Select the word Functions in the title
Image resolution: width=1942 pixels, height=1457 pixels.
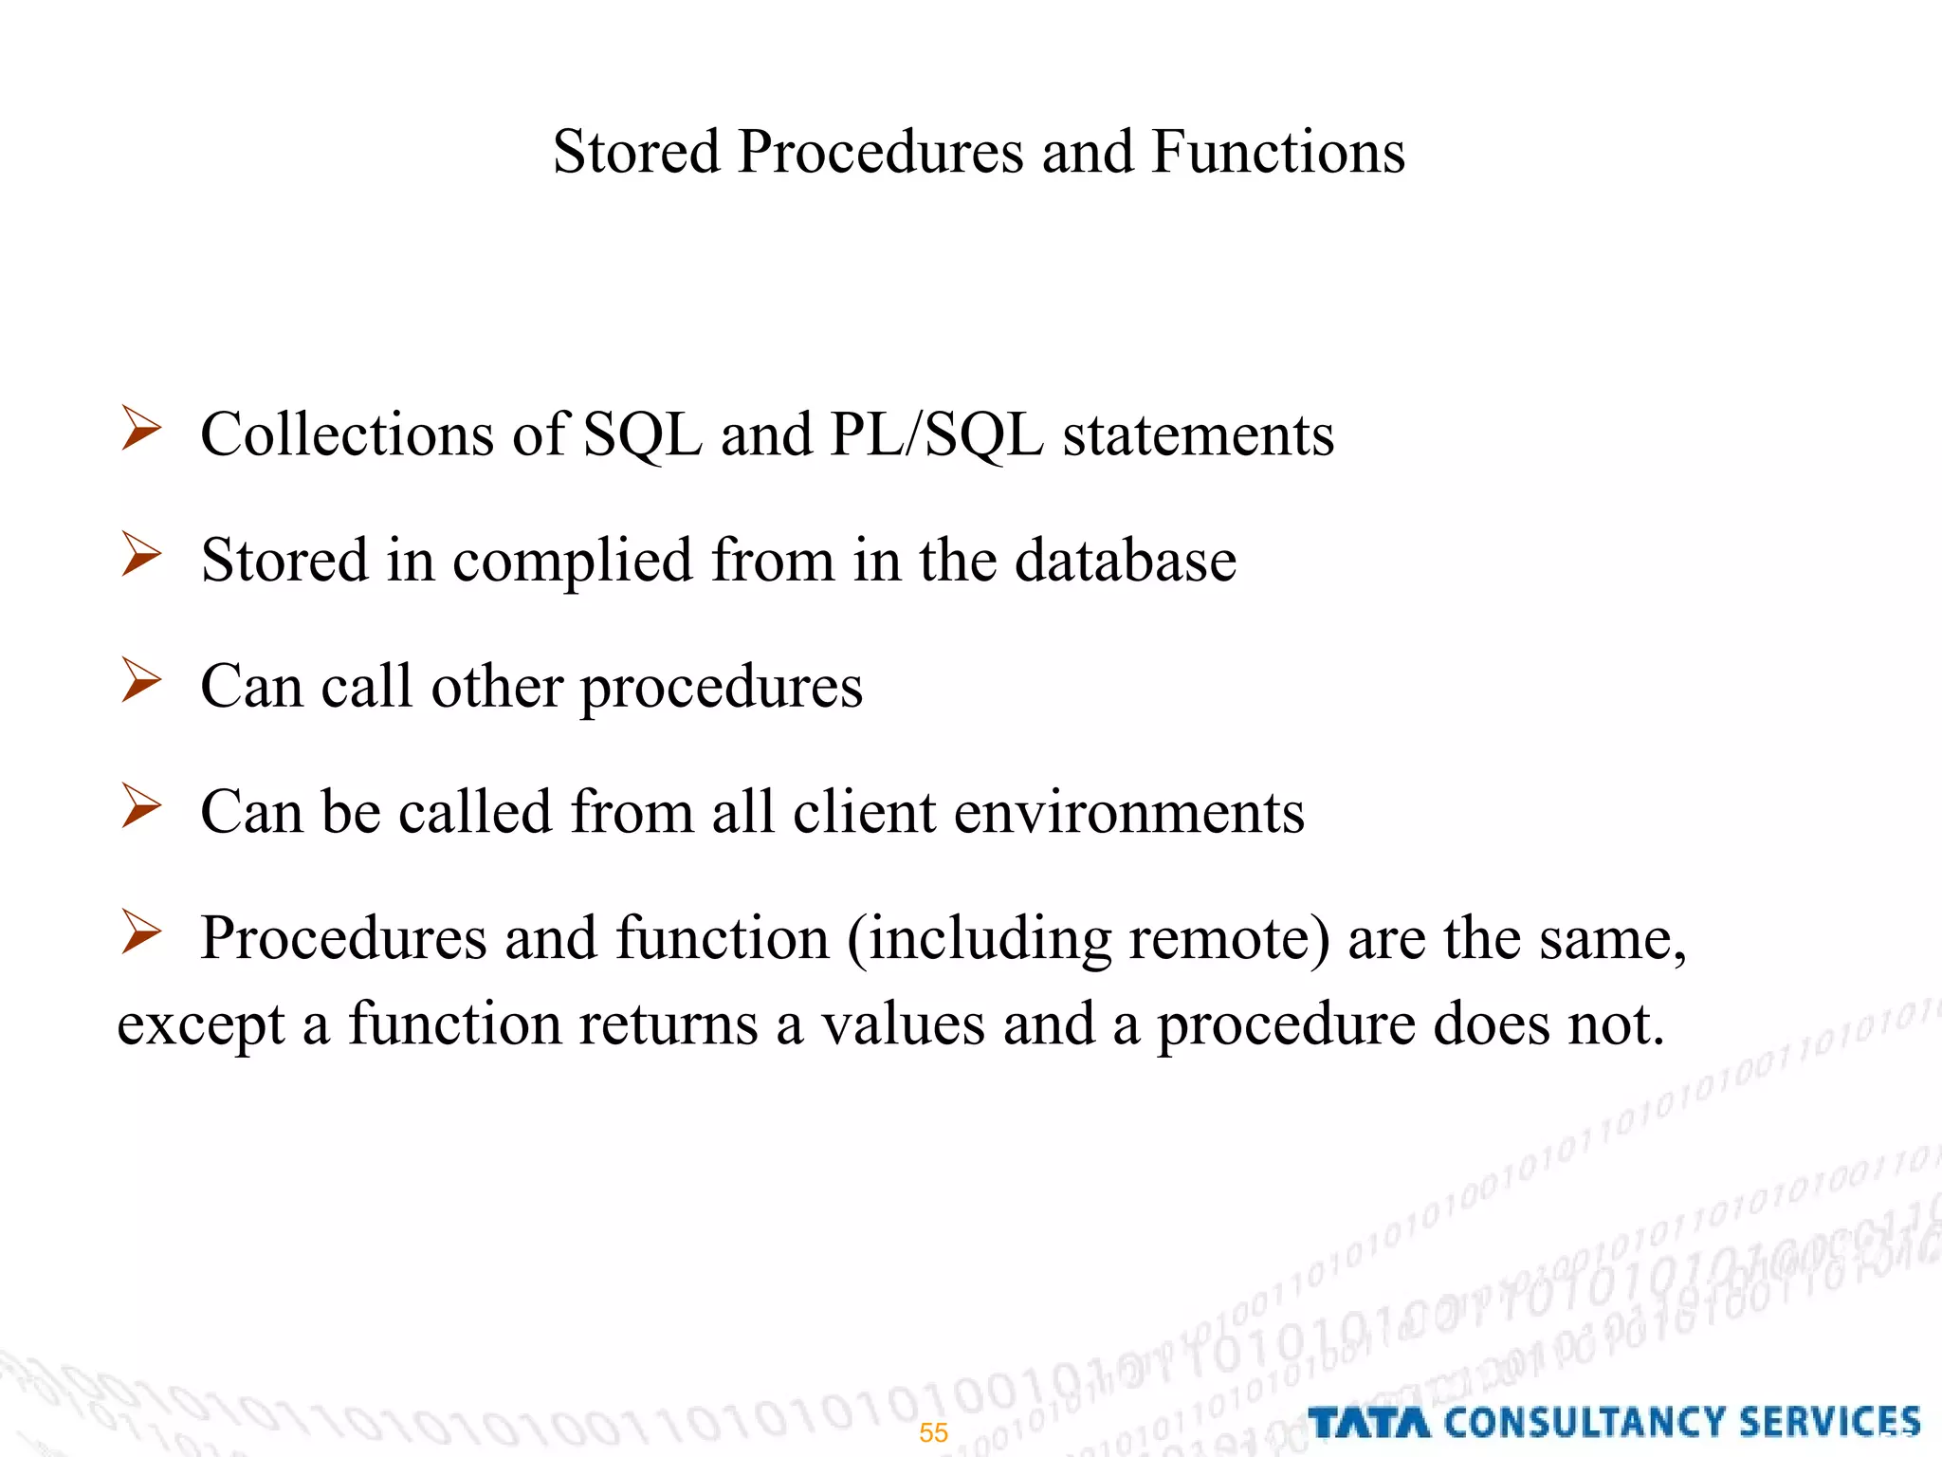point(1277,152)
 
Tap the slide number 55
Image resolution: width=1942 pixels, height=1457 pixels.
point(933,1432)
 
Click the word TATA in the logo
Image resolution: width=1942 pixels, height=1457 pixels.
point(1368,1423)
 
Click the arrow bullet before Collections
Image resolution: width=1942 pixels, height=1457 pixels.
point(141,429)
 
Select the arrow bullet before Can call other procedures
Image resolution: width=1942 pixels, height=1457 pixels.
point(141,681)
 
